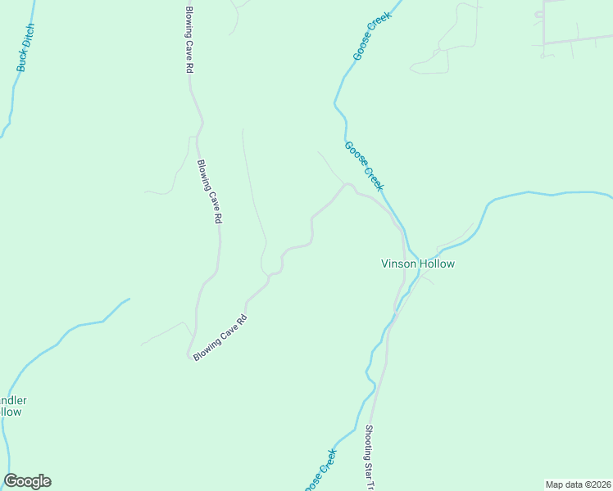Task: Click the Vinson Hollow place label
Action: point(417,264)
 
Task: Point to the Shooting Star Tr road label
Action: point(369,458)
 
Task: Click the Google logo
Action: point(27,481)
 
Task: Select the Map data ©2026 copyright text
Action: point(578,484)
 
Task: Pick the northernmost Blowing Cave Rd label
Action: point(188,39)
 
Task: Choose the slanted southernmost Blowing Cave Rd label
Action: point(220,340)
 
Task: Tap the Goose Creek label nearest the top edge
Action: point(373,38)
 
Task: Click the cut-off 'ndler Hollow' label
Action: point(12,406)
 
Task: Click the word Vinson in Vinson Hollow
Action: point(399,264)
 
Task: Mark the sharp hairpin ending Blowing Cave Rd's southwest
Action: point(188,356)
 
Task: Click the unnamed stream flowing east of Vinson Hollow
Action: point(524,194)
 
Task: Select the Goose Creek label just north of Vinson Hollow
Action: point(365,167)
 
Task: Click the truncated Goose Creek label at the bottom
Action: point(321,470)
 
